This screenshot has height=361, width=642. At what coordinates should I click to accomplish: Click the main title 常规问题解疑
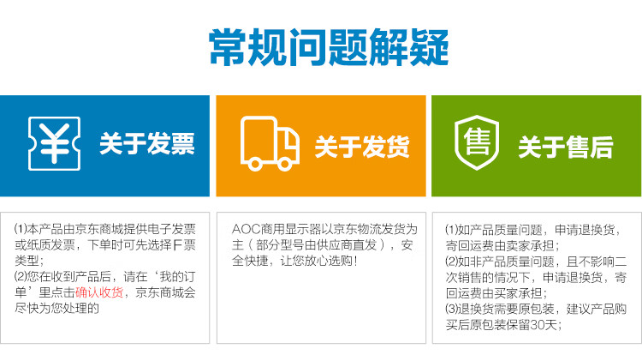point(329,47)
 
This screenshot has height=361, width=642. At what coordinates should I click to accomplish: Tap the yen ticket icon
point(54,143)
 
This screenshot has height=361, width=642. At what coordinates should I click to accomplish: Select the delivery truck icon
point(270,143)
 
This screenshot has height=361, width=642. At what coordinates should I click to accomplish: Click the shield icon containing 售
point(477,142)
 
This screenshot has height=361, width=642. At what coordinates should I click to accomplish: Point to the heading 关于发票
point(147,144)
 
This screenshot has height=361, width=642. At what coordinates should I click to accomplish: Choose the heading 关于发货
point(362,147)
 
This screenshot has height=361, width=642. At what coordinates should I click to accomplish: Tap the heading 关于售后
point(566,147)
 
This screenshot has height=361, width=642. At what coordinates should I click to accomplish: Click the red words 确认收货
point(99,292)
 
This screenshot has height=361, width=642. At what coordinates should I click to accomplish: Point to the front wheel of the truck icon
point(284,165)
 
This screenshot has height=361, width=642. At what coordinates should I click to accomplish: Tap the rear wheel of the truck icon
point(255,165)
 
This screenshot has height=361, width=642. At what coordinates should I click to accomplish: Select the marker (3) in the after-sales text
point(451,309)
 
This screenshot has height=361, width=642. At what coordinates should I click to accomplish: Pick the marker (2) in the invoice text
point(20,276)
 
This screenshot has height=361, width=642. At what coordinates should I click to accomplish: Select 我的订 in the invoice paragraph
point(178,276)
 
